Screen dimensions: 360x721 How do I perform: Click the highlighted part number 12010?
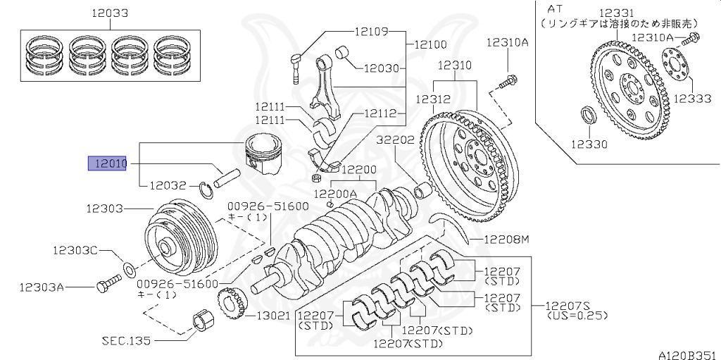pos(106,164)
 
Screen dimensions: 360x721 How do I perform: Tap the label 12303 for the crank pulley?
pos(105,209)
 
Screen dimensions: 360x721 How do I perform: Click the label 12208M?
pos(506,240)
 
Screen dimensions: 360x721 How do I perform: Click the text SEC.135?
pos(125,340)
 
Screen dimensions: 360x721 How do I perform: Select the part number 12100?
pos(430,44)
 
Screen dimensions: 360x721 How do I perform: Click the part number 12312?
pos(432,100)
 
